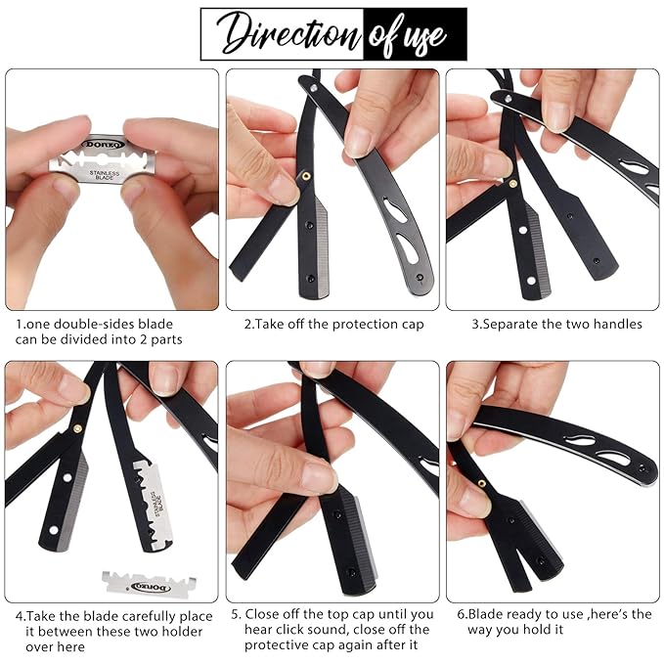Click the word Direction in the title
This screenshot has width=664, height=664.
[288, 34]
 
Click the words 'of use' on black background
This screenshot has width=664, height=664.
[408, 35]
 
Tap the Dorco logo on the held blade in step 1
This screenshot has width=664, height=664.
[104, 145]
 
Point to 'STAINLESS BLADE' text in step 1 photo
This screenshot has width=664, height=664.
[105, 175]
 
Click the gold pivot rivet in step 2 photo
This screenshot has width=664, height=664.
[305, 176]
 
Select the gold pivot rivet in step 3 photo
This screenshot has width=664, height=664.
[512, 184]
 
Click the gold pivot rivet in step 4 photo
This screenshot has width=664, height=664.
[77, 428]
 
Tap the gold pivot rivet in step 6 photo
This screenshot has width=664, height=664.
[481, 483]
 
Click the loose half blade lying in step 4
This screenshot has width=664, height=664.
[149, 585]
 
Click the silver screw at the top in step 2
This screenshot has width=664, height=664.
[314, 88]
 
